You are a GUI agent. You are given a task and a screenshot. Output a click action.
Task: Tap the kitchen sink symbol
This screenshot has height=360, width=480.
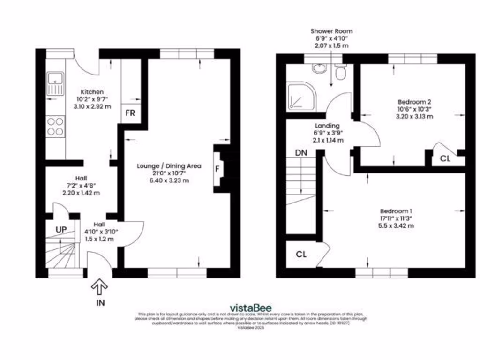[x=55, y=83]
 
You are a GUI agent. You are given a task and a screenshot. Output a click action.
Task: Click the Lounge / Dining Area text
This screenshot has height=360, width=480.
[x=169, y=166]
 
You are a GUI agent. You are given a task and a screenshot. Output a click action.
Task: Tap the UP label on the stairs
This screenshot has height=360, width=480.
[x=61, y=230]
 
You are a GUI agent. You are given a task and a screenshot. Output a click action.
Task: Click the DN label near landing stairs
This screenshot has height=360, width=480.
[x=301, y=153]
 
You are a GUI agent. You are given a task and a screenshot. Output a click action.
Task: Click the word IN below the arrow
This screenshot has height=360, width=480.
[x=101, y=303]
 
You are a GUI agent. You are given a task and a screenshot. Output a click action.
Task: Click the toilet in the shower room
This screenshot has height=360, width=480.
[x=341, y=72]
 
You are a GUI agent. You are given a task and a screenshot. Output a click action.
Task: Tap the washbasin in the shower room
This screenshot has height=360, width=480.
[x=319, y=69]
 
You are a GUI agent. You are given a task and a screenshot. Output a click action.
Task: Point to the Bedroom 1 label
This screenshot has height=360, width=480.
[x=396, y=211]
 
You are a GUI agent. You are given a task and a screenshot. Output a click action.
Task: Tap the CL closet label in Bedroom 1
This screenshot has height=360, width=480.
[x=301, y=255]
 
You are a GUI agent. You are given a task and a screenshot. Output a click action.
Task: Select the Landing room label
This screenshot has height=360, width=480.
[x=327, y=126]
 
